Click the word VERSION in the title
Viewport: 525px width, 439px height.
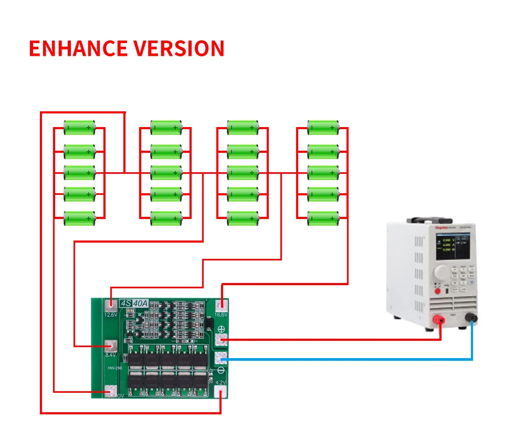[x=178, y=48]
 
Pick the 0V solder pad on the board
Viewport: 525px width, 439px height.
[x=110, y=391]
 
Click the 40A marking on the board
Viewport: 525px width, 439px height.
[x=141, y=304]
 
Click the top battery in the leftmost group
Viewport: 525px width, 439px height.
[x=79, y=128]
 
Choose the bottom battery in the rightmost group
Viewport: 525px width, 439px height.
[x=323, y=218]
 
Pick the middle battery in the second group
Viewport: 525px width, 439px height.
[x=166, y=172]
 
